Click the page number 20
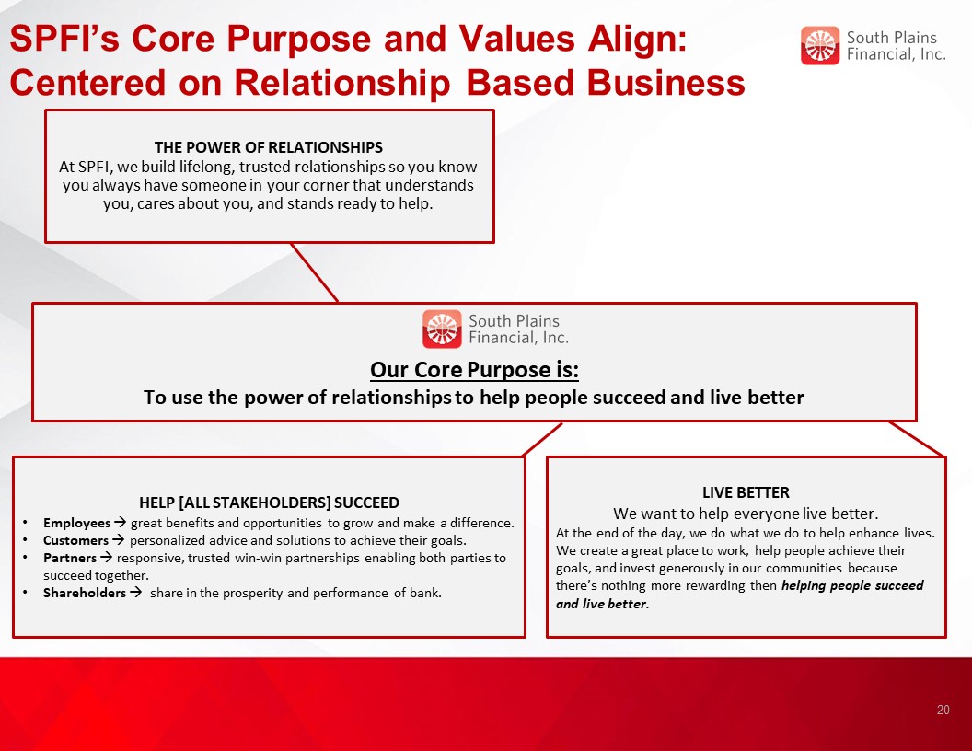point(943,710)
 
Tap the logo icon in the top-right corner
point(820,45)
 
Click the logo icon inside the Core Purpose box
point(442,329)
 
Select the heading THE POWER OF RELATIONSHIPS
point(269,147)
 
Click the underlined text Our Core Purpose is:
point(474,370)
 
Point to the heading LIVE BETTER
point(746,492)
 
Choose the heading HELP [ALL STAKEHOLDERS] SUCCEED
point(269,503)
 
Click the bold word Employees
point(76,523)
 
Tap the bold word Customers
point(75,540)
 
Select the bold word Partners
point(69,558)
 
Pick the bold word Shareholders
point(85,593)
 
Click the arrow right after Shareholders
point(135,593)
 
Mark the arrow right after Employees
point(120,523)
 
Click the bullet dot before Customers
point(25,540)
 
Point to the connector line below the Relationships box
point(314,272)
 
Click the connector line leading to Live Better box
point(917,439)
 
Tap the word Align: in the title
point(637,40)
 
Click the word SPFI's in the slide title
point(64,39)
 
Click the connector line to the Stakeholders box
point(543,439)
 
